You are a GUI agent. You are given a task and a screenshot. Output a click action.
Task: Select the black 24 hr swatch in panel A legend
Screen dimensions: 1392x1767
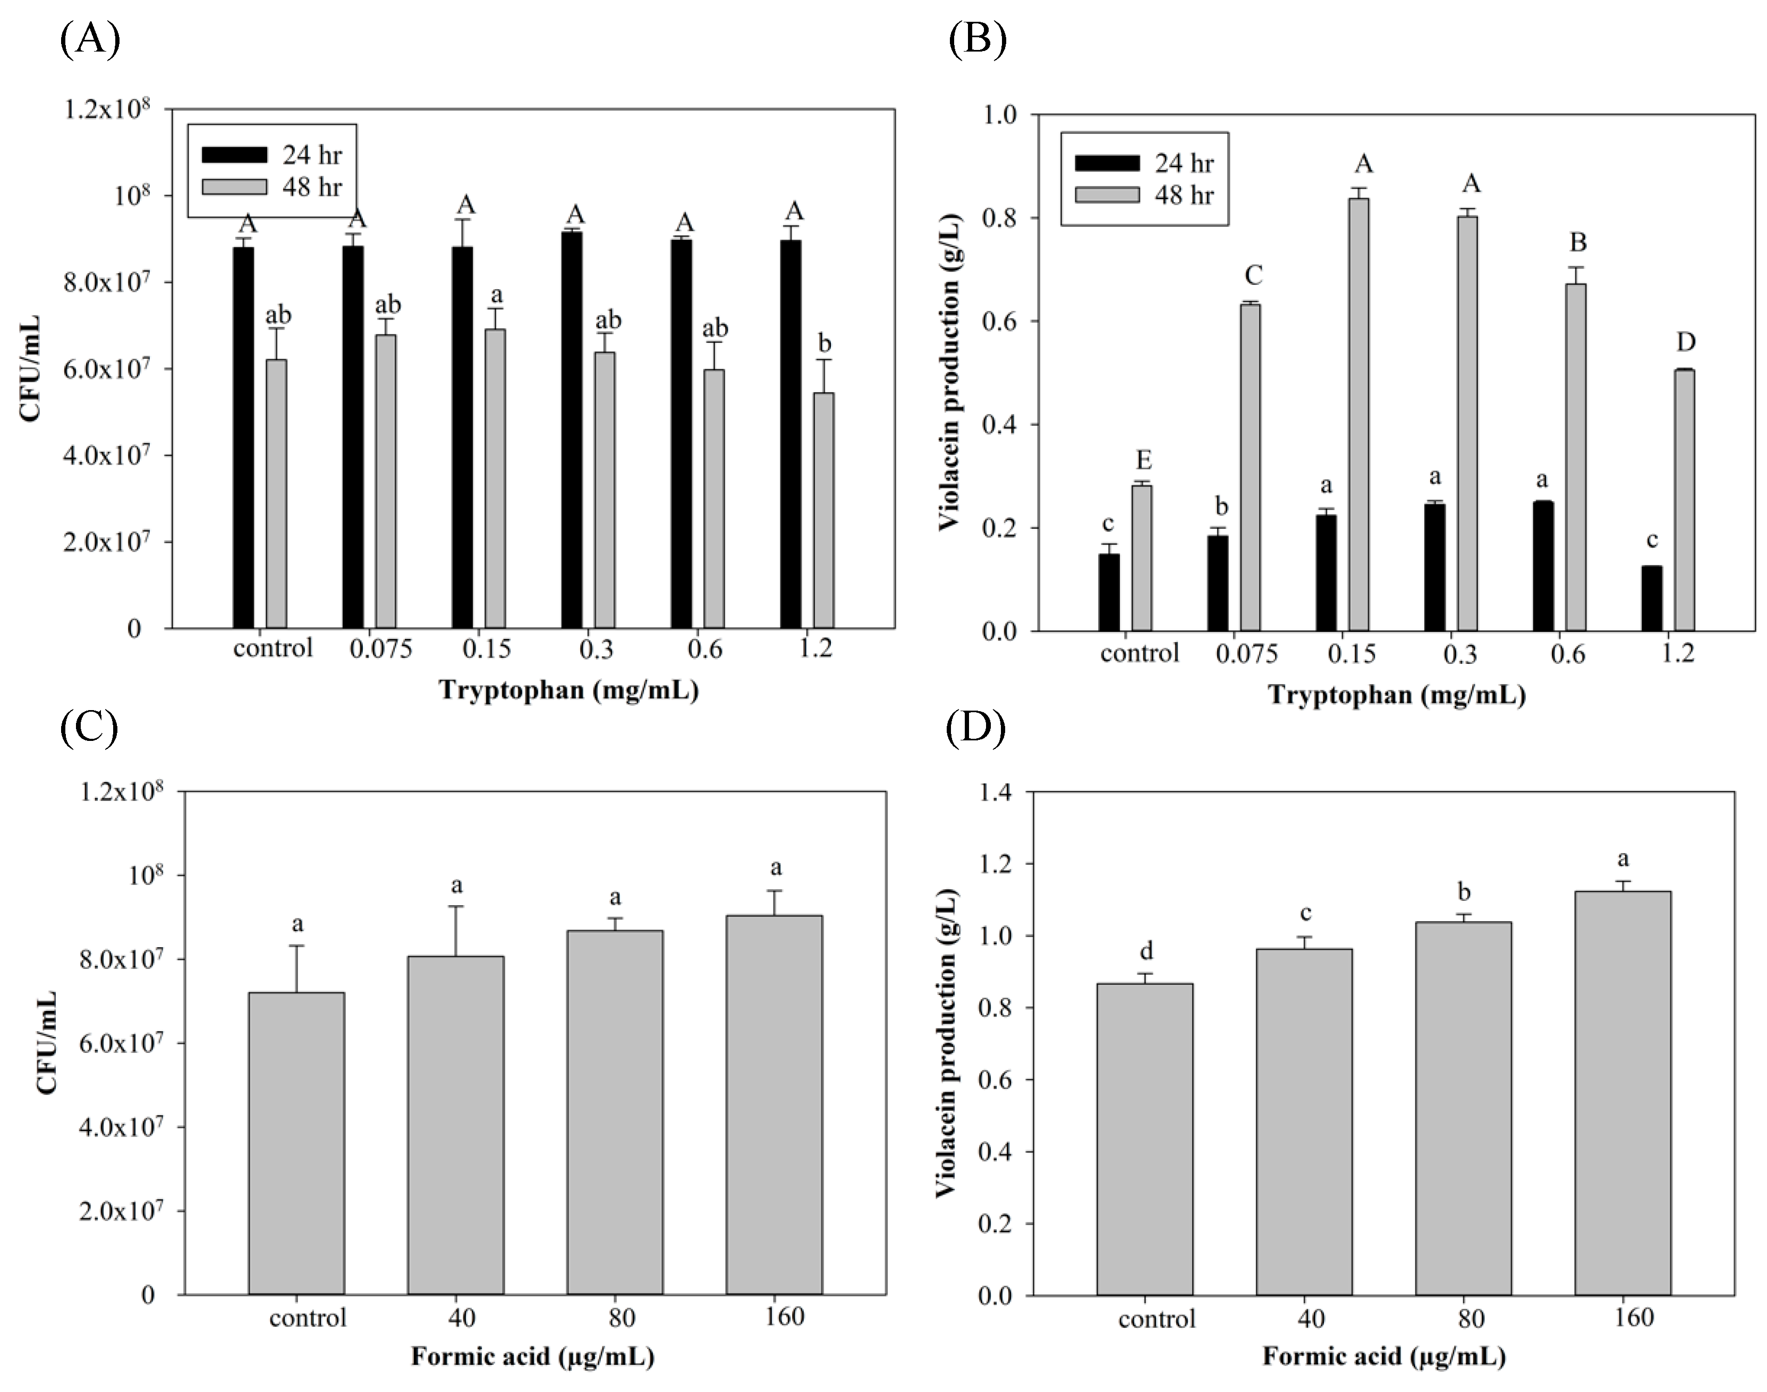235,155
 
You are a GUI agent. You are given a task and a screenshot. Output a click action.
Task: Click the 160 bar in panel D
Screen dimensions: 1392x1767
1622,1092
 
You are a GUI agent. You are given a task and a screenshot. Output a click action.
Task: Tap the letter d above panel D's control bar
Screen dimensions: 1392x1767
1145,951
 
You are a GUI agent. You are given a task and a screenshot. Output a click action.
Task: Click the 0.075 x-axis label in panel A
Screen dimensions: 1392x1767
380,649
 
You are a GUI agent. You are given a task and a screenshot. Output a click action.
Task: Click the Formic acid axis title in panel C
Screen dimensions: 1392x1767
532,1356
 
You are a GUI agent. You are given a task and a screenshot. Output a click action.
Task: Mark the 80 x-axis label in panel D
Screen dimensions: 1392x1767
1471,1318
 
